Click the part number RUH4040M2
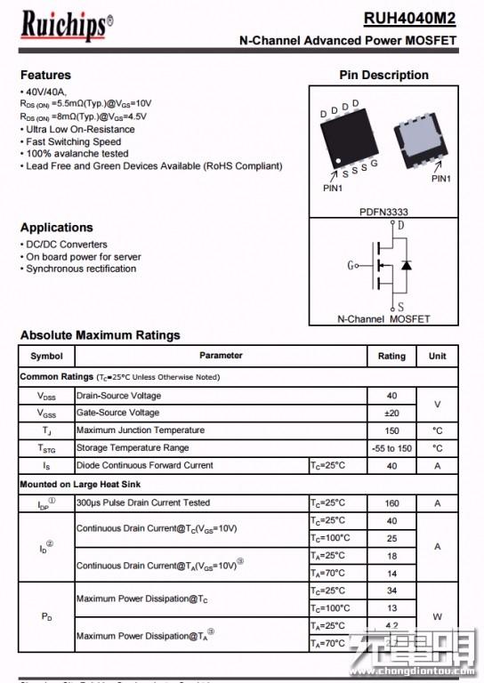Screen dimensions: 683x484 pyautogui.click(x=410, y=19)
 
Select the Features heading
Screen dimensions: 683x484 pyautogui.click(x=45, y=75)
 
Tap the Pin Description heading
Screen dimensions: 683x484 pyautogui.click(x=383, y=75)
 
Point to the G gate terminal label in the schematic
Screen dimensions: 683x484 pyautogui.click(x=351, y=265)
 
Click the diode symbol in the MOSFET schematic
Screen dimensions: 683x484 pyautogui.click(x=407, y=265)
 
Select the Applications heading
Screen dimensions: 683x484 pyautogui.click(x=56, y=228)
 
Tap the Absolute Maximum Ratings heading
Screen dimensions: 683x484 pyautogui.click(x=100, y=335)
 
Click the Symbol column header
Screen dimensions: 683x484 pyautogui.click(x=46, y=356)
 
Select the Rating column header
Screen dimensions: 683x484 pyautogui.click(x=391, y=356)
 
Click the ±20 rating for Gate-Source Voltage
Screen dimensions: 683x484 pyautogui.click(x=391, y=413)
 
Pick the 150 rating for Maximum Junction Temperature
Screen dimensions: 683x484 pyautogui.click(x=391, y=430)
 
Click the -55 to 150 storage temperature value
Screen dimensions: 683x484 pyautogui.click(x=391, y=448)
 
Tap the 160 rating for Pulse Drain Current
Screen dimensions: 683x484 pyautogui.click(x=391, y=503)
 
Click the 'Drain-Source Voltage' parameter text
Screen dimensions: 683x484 pyautogui.click(x=118, y=396)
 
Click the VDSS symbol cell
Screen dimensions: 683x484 pyautogui.click(x=46, y=396)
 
